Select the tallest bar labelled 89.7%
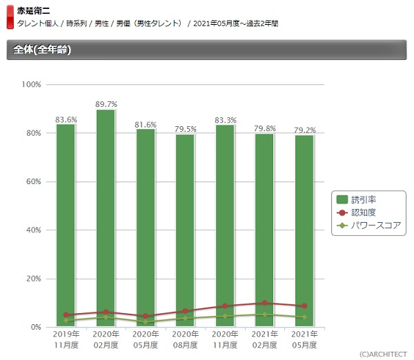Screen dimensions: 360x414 (106, 218)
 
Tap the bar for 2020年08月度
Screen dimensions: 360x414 (185, 230)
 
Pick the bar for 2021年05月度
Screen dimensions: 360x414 (304, 231)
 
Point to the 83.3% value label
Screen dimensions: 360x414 (226, 119)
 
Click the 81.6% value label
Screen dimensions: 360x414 (146, 124)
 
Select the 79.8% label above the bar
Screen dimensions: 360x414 (265, 128)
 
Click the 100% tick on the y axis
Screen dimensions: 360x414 (32, 85)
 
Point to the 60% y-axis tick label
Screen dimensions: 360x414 (34, 182)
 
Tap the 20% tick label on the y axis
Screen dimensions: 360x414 (34, 279)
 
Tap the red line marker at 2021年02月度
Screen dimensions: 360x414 (265, 303)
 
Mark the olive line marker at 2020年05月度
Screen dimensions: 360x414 (146, 322)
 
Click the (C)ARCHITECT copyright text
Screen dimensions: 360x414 (382, 353)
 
